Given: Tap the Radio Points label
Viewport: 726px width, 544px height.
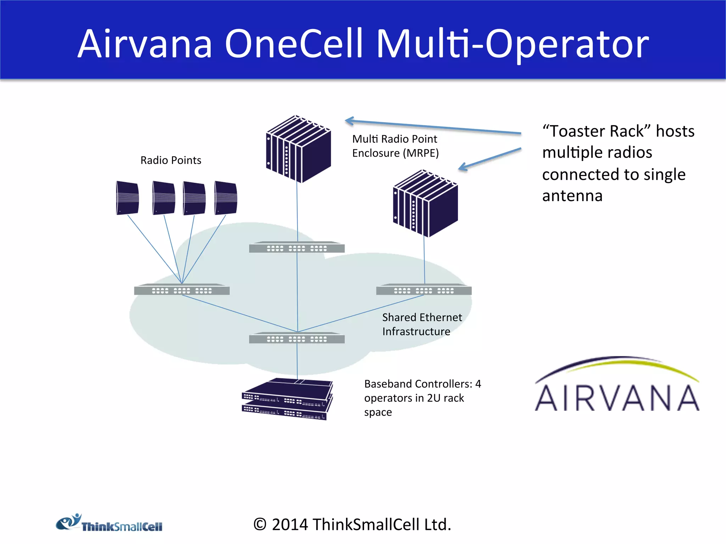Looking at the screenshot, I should [x=171, y=160].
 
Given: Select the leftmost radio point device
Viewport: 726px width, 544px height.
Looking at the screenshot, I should [x=127, y=198].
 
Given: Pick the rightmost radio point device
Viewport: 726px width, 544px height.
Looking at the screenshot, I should [x=225, y=198].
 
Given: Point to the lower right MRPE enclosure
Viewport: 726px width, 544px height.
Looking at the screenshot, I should [x=425, y=204].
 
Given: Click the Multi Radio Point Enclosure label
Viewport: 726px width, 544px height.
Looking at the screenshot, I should [x=395, y=146].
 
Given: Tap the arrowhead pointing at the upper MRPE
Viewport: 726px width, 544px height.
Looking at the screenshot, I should [x=349, y=121].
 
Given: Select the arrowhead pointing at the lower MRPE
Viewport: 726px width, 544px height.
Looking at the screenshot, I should [x=463, y=167].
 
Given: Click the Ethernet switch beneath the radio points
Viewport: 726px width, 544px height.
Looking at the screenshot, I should [x=182, y=290].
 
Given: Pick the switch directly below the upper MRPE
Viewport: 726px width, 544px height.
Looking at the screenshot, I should [x=297, y=247].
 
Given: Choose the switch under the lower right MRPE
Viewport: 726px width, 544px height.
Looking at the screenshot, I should [x=424, y=290].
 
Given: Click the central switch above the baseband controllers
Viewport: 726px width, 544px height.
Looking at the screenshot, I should [x=297, y=338].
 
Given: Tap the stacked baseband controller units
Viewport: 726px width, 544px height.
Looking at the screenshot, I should [x=287, y=399].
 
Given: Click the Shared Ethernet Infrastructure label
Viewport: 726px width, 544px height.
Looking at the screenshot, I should [x=422, y=324].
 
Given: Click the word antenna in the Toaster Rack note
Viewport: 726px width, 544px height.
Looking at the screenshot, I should [x=572, y=196].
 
